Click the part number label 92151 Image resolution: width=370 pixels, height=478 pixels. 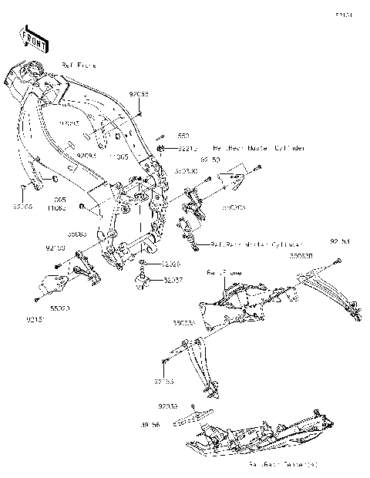(35, 318)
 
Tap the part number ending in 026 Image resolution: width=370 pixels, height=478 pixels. (171, 264)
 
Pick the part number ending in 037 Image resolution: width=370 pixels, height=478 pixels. (171, 281)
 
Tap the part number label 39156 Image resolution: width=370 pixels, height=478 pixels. (151, 425)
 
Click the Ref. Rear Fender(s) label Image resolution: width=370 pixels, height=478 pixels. (282, 466)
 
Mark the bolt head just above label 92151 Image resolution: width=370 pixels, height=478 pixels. (35, 301)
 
